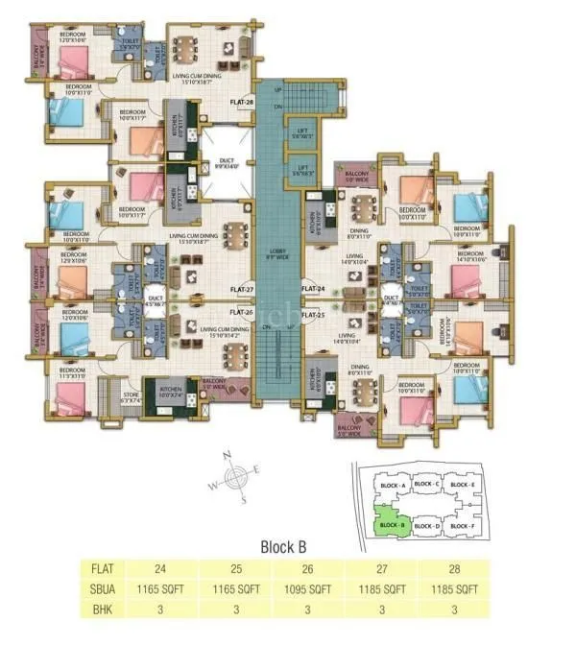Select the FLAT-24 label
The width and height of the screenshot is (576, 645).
(x=314, y=288)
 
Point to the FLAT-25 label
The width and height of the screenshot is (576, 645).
(x=314, y=314)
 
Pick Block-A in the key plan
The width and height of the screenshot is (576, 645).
(x=389, y=485)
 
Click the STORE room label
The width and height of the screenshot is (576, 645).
(x=132, y=394)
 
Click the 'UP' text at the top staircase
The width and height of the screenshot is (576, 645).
(x=279, y=89)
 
